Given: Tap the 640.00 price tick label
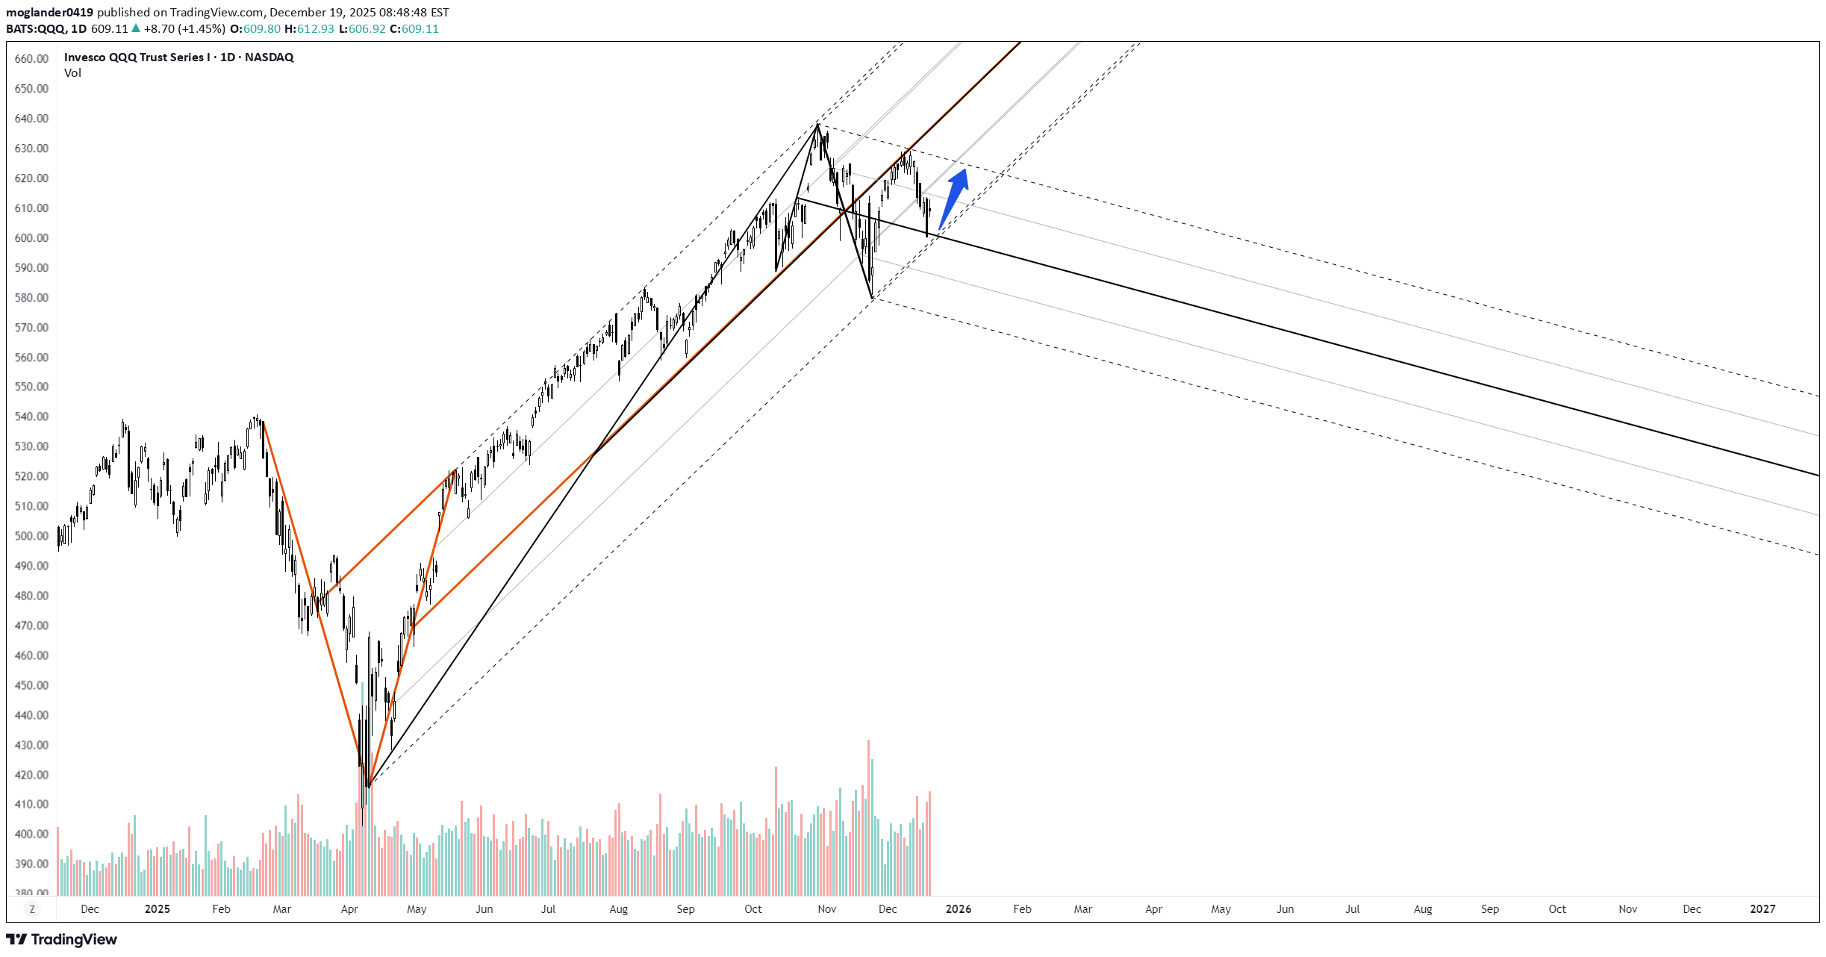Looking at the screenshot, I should click(31, 119).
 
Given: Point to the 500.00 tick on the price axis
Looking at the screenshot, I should click(31, 536).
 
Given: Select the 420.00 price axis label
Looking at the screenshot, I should click(31, 775).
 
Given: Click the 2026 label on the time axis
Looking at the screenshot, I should click(958, 909).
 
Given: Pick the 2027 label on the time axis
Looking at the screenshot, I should click(1763, 909).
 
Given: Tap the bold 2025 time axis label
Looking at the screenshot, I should click(157, 909).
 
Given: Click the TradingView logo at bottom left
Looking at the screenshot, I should click(62, 939).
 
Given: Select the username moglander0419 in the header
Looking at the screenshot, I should click(49, 13).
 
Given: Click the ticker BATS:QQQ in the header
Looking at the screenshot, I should click(35, 29).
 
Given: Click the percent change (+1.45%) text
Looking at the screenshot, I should click(202, 29).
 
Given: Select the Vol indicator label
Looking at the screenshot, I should click(72, 73).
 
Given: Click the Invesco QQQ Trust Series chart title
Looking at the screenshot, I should click(178, 57).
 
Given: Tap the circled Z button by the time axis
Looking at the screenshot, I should click(32, 909).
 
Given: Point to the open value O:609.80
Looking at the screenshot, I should click(255, 29).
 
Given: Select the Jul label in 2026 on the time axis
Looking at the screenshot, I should click(1352, 909).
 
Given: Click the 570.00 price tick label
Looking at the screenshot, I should click(31, 328).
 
